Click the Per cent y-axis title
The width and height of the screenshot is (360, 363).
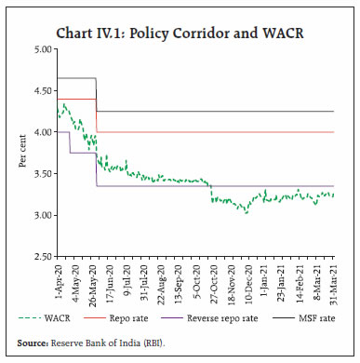(20, 152)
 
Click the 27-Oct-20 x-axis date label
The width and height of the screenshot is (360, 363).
(215, 285)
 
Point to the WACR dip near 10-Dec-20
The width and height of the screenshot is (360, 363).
(247, 212)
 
